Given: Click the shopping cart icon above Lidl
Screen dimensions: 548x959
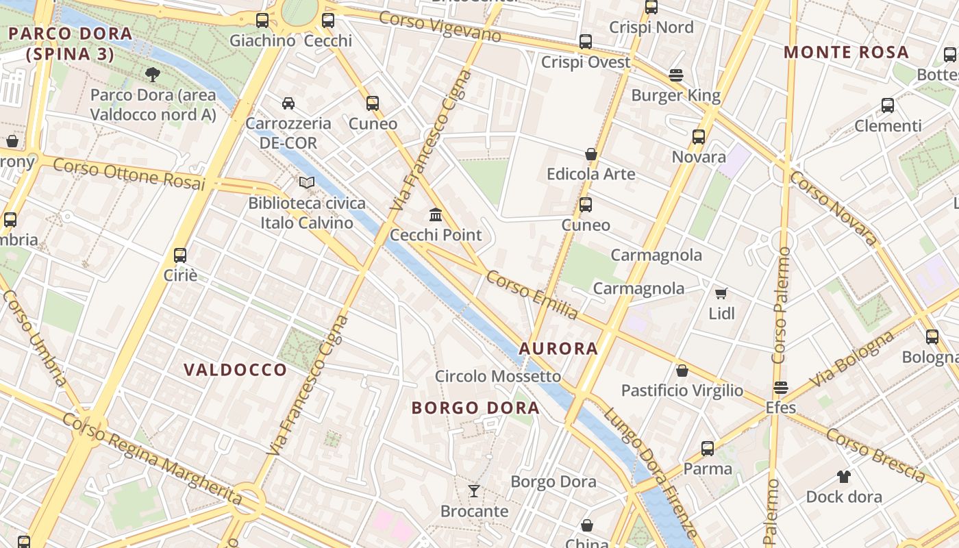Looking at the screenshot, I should pyautogui.click(x=721, y=293).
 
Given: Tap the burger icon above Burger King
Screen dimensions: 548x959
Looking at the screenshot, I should pyautogui.click(x=676, y=75).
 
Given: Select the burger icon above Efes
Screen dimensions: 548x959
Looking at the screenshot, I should pyautogui.click(x=780, y=388).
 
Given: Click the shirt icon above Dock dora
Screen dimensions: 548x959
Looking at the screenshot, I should pyautogui.click(x=843, y=476).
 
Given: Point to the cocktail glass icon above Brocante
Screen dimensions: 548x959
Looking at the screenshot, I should pyautogui.click(x=473, y=490).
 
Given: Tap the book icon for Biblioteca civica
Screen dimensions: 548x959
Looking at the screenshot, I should pyautogui.click(x=307, y=183).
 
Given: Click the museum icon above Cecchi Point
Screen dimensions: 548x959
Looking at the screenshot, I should pyautogui.click(x=436, y=215).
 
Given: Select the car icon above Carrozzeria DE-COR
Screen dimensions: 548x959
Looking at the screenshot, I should pyautogui.click(x=288, y=103).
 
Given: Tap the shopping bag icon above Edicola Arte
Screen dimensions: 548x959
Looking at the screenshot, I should pyautogui.click(x=591, y=154).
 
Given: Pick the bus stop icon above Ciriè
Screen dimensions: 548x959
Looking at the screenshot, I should pyautogui.click(x=180, y=256).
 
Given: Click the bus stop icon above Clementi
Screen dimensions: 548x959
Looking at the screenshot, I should pyautogui.click(x=888, y=105).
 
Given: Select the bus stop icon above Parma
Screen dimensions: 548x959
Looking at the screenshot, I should pyautogui.click(x=708, y=449).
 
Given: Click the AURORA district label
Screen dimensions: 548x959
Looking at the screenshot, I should pyautogui.click(x=558, y=349).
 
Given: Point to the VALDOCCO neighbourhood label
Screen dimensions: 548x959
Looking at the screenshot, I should pyautogui.click(x=235, y=370).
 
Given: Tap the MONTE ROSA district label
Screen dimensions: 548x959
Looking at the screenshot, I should pyautogui.click(x=846, y=52).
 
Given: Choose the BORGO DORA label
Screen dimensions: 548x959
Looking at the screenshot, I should pyautogui.click(x=475, y=408).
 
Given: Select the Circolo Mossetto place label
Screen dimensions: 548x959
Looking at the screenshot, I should pyautogui.click(x=498, y=376).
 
